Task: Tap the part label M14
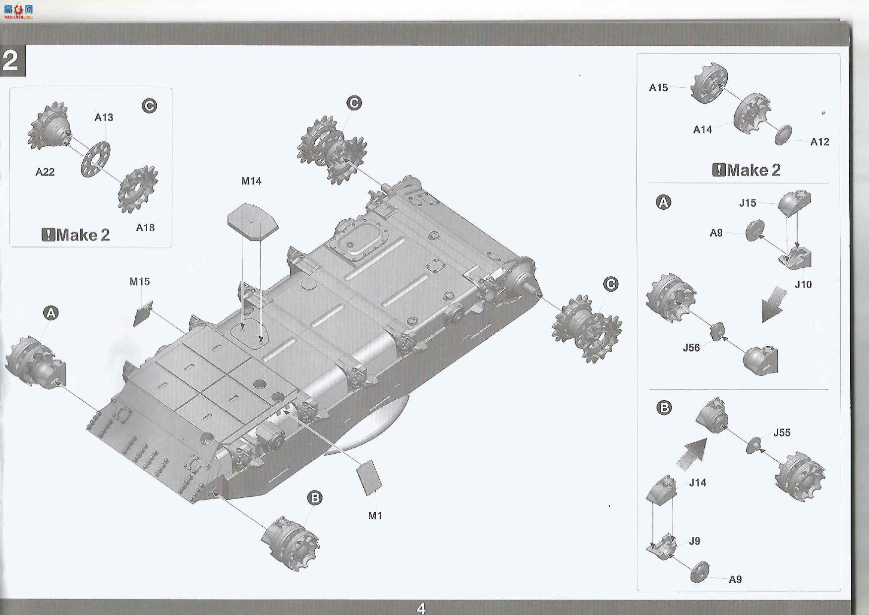(x=251, y=181)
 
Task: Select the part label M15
(x=140, y=282)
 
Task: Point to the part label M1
(x=375, y=516)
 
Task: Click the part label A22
(x=45, y=172)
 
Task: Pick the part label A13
(x=104, y=118)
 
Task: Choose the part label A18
(x=145, y=228)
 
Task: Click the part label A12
(x=820, y=142)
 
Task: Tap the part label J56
(x=692, y=348)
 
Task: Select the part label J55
(x=782, y=432)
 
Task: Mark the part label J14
(x=697, y=483)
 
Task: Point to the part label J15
(x=748, y=203)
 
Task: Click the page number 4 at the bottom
(x=421, y=609)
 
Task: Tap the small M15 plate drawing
(x=143, y=313)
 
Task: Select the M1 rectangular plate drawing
(x=369, y=478)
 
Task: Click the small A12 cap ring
(x=783, y=135)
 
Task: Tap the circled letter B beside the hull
(x=315, y=498)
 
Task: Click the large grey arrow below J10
(x=774, y=305)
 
